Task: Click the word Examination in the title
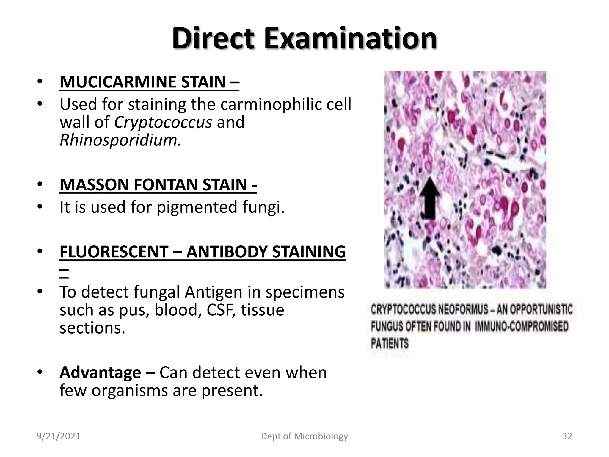tap(351, 39)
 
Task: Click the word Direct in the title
tap(213, 39)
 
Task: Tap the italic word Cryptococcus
tap(163, 122)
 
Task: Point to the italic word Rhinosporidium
tap(120, 140)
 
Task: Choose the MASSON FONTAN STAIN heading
tap(158, 184)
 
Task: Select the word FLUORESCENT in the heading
tap(114, 252)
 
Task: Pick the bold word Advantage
tap(100, 373)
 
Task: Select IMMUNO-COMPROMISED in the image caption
tap(522, 327)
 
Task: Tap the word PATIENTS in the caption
tap(390, 344)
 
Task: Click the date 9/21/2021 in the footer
tap(59, 436)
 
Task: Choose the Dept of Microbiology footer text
tap(304, 436)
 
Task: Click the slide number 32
tap(567, 436)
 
